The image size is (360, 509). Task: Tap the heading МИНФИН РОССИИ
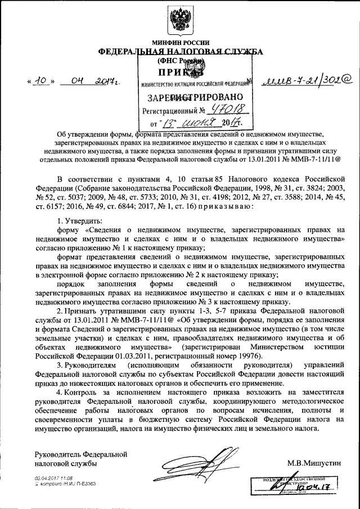(181, 42)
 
